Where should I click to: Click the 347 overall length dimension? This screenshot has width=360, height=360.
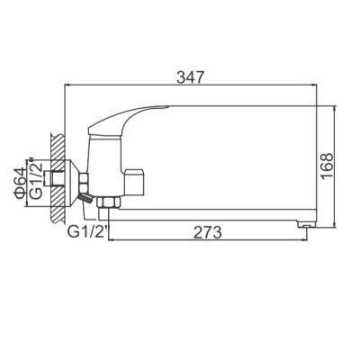coord(189,76)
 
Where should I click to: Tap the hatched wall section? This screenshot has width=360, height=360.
coord(57,176)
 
